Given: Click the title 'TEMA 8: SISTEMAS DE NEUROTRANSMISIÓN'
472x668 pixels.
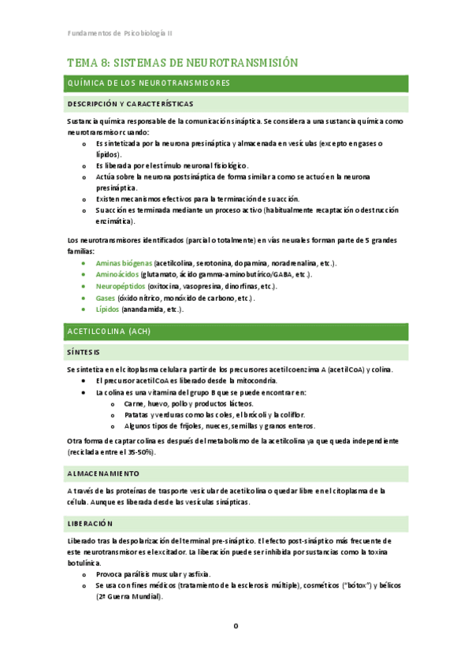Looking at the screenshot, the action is click(x=182, y=62).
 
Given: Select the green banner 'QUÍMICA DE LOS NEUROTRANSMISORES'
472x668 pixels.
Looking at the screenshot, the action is click(x=149, y=83).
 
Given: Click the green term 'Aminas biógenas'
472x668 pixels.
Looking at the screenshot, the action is click(x=124, y=262).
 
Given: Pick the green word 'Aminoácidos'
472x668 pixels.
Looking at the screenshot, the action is click(x=117, y=274).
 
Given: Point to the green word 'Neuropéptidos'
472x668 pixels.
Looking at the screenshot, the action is click(x=121, y=286).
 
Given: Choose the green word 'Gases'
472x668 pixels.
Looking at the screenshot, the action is click(x=106, y=298).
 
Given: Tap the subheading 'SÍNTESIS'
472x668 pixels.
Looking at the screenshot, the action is click(x=84, y=352).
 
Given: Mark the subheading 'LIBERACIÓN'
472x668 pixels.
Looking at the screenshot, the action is click(x=91, y=523).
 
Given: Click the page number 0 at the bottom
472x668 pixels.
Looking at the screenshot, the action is click(x=235, y=626).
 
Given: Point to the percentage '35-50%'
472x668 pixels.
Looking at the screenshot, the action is click(x=141, y=452).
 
